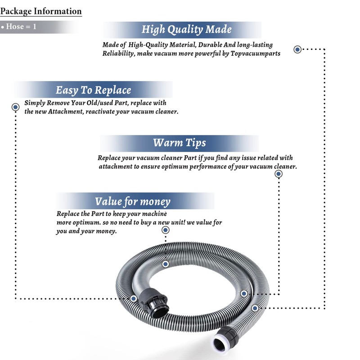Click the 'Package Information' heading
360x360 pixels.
coord(41,11)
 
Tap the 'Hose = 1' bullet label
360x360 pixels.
coord(21,27)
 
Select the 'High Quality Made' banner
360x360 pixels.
coord(186,30)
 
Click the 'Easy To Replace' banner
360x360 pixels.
coord(93,90)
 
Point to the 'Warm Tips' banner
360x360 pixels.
coord(179,143)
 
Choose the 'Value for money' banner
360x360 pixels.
coord(132,201)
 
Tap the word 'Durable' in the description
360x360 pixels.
coord(211,45)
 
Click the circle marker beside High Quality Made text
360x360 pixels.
coord(297,49)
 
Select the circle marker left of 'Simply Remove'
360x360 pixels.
coord(15,107)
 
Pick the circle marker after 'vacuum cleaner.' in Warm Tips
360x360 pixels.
coord(279,174)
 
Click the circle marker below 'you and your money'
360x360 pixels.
coord(165,230)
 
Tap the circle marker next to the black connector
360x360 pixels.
coord(134,298)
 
